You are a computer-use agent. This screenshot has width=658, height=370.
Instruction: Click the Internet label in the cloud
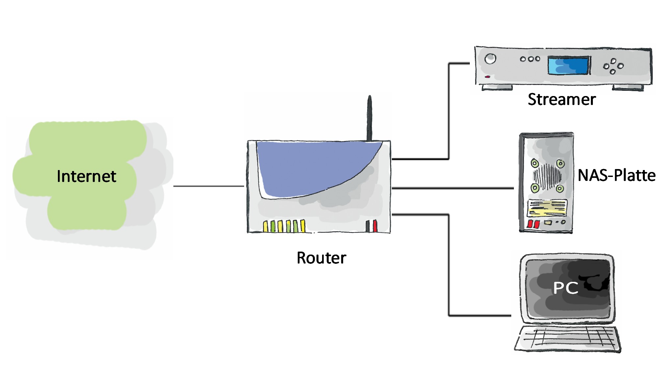(x=86, y=176)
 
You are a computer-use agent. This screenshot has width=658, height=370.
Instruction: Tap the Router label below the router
(x=321, y=258)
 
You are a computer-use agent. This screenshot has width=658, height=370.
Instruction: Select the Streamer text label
(x=562, y=99)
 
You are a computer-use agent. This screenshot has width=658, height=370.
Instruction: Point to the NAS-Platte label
(x=616, y=175)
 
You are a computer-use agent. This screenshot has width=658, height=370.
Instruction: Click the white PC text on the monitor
(x=566, y=288)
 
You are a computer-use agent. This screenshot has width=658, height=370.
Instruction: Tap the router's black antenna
(x=369, y=118)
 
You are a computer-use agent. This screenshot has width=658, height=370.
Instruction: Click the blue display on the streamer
(x=568, y=65)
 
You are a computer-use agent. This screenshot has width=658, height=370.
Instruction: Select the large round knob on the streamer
(x=490, y=59)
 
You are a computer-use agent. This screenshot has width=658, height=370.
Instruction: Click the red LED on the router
(x=375, y=226)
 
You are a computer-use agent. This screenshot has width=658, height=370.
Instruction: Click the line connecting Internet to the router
(x=209, y=186)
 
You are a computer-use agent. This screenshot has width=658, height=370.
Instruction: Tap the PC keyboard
(x=568, y=339)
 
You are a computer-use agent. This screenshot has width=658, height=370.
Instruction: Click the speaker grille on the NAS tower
(x=547, y=176)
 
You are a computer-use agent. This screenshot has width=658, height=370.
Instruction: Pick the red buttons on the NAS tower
(x=533, y=224)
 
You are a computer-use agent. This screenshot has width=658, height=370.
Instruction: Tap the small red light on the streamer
(x=488, y=77)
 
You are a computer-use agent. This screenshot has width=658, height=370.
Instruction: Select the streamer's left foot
(x=497, y=87)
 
